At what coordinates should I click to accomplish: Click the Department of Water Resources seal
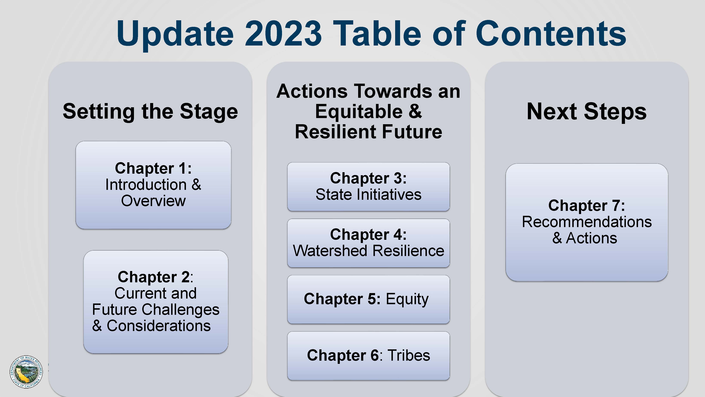point(26,372)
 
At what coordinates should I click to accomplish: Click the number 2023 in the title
point(283,33)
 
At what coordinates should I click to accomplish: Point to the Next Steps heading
point(587,112)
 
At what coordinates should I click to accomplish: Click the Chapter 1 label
point(153,168)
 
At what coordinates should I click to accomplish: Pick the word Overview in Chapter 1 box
point(153,201)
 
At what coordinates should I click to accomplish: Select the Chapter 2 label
point(155,277)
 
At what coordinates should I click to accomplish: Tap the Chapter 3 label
point(368,178)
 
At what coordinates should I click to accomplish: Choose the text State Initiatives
point(368,194)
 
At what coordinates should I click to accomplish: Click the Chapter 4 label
point(368,234)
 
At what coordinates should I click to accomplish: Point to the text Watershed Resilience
point(368,251)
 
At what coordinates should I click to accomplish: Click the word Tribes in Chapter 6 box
point(409,355)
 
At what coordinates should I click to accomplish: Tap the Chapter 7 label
point(587,206)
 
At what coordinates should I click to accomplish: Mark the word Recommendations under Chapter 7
point(587,222)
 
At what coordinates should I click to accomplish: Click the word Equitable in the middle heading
point(359,112)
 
